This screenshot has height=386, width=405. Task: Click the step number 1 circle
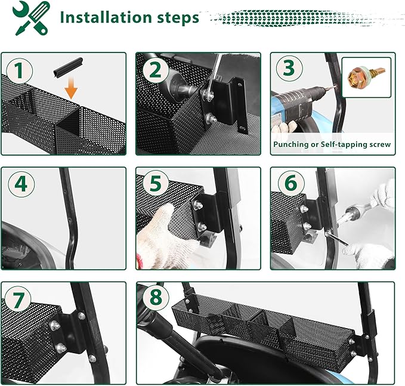coord(20,70)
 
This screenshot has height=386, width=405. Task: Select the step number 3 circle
coord(289,68)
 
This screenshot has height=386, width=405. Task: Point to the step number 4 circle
coord(21,184)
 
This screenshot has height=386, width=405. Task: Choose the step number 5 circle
coord(156,184)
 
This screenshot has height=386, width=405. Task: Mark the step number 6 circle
coord(291,183)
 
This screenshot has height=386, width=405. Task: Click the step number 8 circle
coord(156,297)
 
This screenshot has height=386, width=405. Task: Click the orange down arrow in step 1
coord(71,87)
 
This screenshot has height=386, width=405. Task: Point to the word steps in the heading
coord(178,18)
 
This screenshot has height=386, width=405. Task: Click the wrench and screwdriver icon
coord(31,18)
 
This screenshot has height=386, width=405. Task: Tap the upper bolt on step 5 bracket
coord(199,205)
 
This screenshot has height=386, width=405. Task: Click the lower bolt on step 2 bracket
coord(211,119)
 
